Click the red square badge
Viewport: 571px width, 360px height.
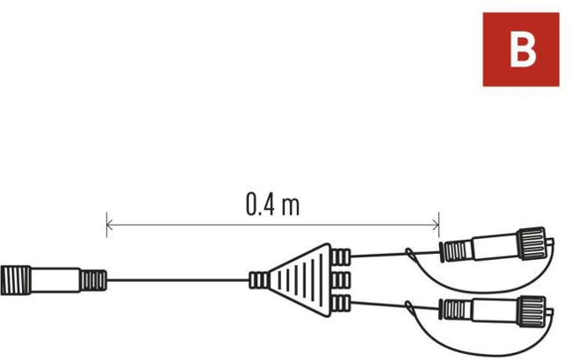(x=521, y=49)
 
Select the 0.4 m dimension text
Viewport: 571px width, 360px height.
(x=272, y=205)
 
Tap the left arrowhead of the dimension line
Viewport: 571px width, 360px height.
(x=110, y=225)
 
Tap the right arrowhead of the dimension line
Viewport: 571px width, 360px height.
(x=436, y=225)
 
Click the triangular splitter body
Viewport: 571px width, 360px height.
(x=302, y=280)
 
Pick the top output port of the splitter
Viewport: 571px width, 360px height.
(x=341, y=257)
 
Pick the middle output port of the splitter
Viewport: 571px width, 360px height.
(x=341, y=280)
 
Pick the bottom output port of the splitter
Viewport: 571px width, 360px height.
(x=341, y=304)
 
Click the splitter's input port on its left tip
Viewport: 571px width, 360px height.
(x=259, y=280)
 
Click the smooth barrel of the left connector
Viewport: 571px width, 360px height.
(x=55, y=280)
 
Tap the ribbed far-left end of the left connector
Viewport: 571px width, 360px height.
(x=16, y=280)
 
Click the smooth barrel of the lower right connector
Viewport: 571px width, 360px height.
(x=495, y=311)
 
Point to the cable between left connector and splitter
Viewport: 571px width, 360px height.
(x=178, y=280)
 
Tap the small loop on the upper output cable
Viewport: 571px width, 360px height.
(x=411, y=255)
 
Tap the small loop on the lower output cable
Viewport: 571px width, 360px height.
(x=411, y=309)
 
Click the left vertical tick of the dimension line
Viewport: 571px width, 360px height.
(x=106, y=225)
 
